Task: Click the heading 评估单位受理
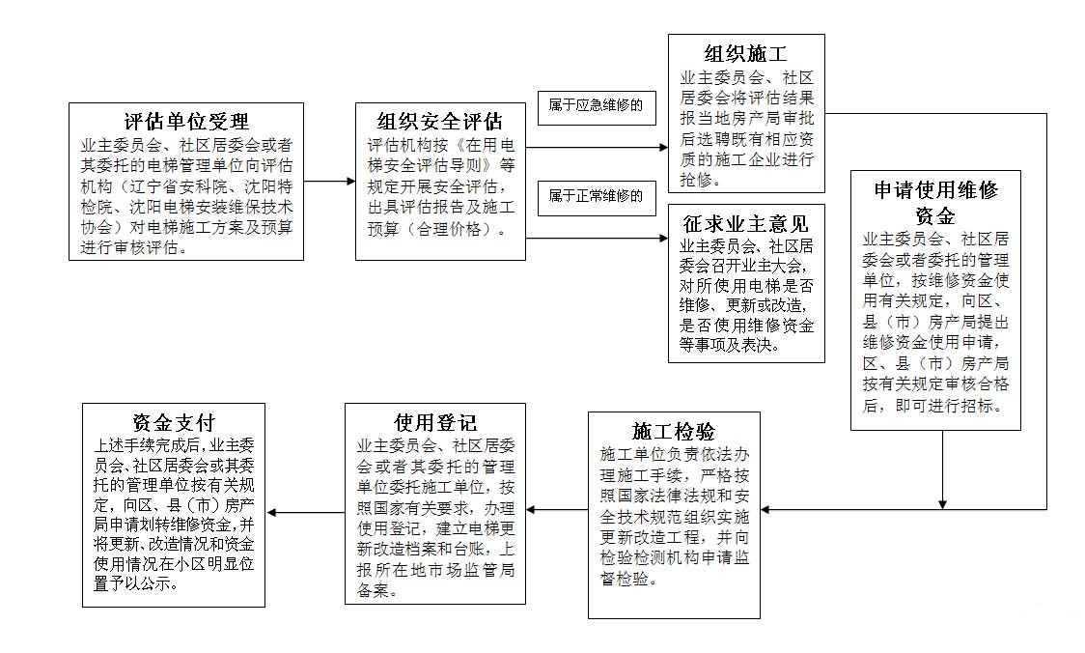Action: (x=187, y=122)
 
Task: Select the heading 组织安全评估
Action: (x=440, y=122)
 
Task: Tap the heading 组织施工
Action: (x=746, y=54)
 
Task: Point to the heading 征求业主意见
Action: (x=746, y=224)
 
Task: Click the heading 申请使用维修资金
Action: (x=935, y=202)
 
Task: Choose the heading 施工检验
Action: (x=674, y=432)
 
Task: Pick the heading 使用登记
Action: (x=435, y=422)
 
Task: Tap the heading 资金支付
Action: (x=174, y=422)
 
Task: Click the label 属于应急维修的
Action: (x=596, y=105)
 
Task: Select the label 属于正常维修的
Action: (x=596, y=196)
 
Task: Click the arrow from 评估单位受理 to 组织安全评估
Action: (x=329, y=182)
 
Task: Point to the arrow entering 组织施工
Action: (x=597, y=148)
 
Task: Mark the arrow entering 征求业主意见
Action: (x=597, y=239)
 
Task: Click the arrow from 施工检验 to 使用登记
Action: (x=557, y=510)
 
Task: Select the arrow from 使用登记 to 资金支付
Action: (x=306, y=512)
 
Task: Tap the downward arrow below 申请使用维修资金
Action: (x=942, y=470)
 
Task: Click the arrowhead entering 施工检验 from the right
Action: (x=765, y=510)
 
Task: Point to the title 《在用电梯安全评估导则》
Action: (x=441, y=156)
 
